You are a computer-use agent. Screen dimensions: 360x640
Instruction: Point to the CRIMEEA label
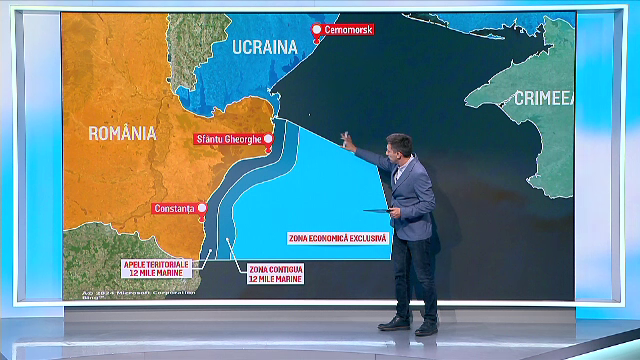[x=546, y=97]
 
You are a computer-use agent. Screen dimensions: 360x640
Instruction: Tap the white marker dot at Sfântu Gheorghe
[x=267, y=139]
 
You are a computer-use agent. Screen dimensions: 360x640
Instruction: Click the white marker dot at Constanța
[x=201, y=209]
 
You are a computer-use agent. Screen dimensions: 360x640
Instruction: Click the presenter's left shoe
[x=394, y=323]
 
